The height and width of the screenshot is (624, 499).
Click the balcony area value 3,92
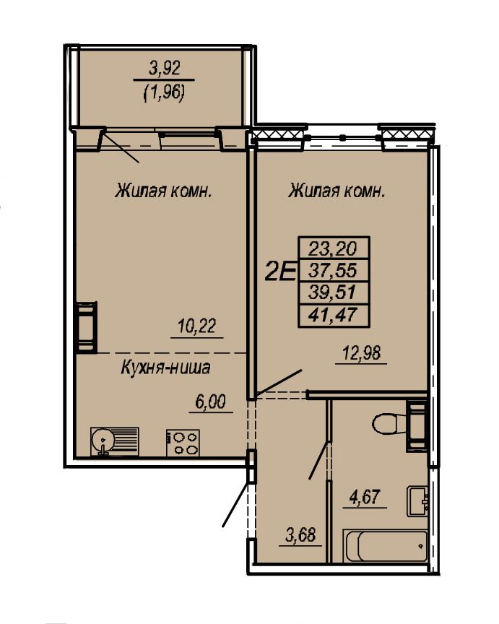[x=165, y=68]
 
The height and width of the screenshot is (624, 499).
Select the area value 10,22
[x=197, y=326]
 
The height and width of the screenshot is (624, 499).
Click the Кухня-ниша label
[x=165, y=368]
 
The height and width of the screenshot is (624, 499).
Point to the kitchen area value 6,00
[x=210, y=402]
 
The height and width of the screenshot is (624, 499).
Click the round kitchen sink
[x=102, y=441]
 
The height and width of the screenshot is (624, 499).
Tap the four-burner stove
[x=183, y=443]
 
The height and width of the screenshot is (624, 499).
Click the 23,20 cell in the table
[x=334, y=249]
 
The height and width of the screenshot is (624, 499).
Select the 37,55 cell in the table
[x=334, y=272]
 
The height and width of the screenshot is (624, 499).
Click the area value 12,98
[x=362, y=352]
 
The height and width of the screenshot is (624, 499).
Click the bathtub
[x=385, y=545]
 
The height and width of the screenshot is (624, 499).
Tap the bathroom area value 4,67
[x=365, y=497]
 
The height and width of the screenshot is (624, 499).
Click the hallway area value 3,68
[x=300, y=535]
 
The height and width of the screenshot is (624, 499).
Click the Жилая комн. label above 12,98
[x=337, y=192]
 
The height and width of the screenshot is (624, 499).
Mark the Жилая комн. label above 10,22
[x=163, y=191]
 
